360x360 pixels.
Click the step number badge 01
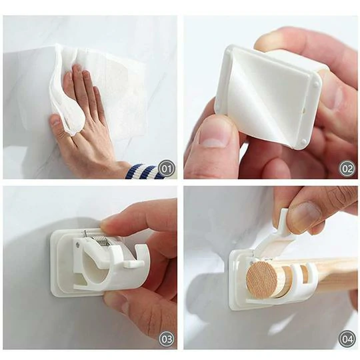point(167,168)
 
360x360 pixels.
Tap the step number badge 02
point(347,168)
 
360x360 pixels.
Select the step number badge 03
point(167,339)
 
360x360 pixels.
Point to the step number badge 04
point(347,339)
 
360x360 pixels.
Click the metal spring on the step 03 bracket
point(99,234)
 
